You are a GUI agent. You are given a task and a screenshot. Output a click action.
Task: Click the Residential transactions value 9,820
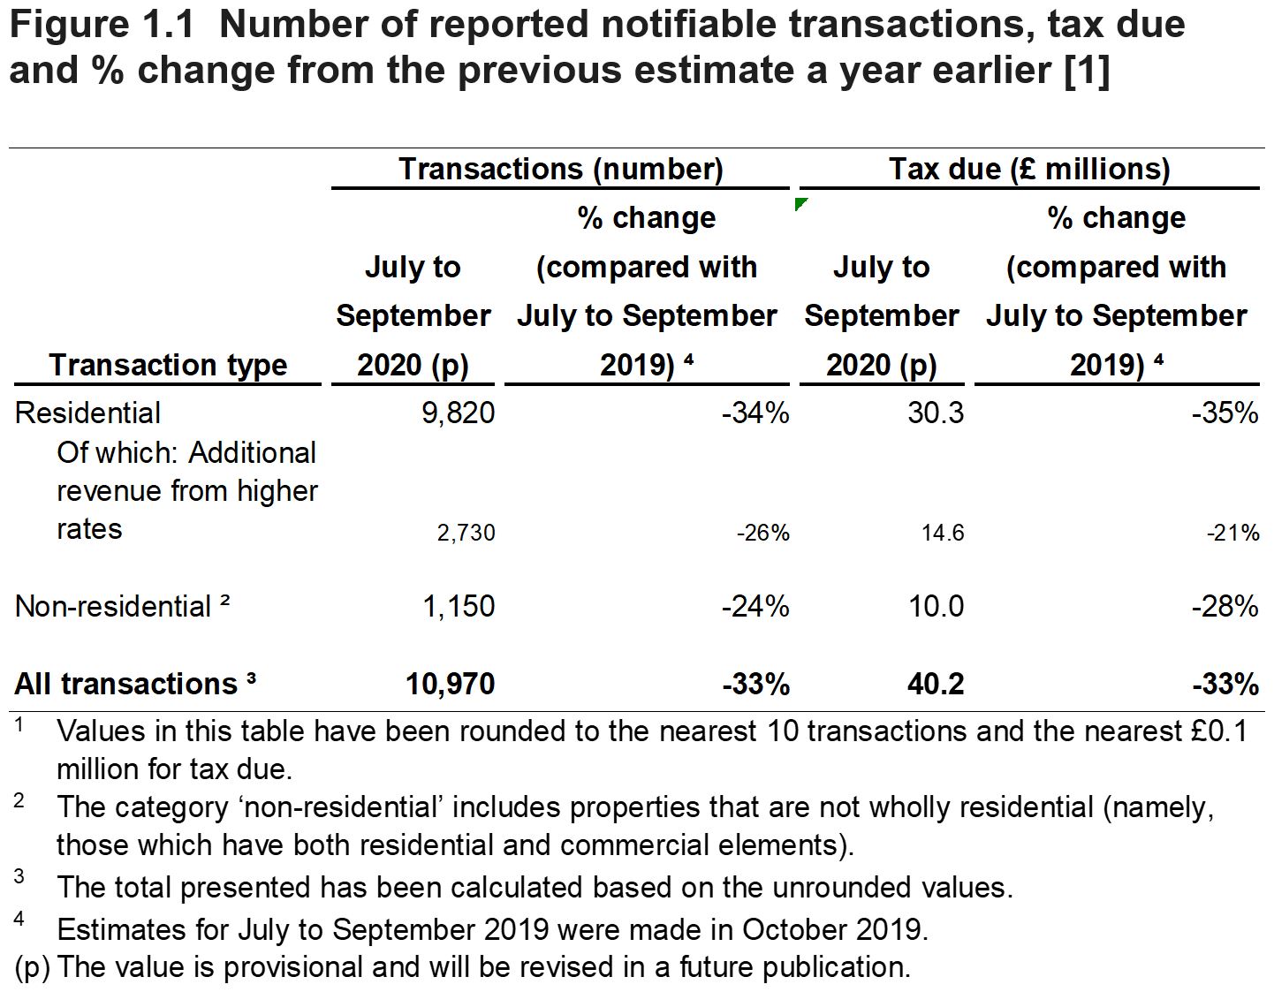pos(458,413)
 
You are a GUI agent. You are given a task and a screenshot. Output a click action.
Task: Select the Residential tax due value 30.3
pos(936,413)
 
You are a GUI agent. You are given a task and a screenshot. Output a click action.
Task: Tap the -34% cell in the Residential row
pos(755,413)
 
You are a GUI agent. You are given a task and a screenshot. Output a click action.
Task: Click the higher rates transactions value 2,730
pos(466,533)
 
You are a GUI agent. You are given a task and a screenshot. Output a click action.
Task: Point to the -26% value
pos(763,533)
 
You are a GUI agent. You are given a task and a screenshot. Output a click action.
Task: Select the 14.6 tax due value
pos(943,533)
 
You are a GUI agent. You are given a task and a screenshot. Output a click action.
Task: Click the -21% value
pos(1233,533)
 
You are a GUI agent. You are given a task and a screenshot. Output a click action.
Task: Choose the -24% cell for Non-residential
pos(755,606)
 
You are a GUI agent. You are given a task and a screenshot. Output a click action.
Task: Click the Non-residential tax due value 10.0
pos(936,606)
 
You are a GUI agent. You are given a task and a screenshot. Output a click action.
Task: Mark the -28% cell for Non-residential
pos(1225,606)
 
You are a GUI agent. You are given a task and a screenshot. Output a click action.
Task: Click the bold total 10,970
pos(450,684)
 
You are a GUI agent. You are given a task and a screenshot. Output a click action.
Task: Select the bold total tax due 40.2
pos(936,684)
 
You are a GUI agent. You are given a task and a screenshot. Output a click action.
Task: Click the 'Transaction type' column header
pos(168,364)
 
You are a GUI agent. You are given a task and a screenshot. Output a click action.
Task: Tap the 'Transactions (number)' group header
pos(560,169)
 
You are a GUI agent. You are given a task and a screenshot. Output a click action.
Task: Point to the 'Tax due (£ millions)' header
pos(1029,169)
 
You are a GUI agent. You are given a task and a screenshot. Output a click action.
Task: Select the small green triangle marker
pos(800,204)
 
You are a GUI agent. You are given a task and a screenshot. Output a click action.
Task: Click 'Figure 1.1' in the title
pos(101,25)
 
